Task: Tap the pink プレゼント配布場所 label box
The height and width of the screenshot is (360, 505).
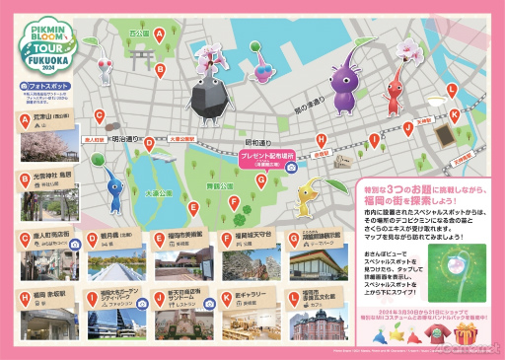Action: click(x=267, y=156)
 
